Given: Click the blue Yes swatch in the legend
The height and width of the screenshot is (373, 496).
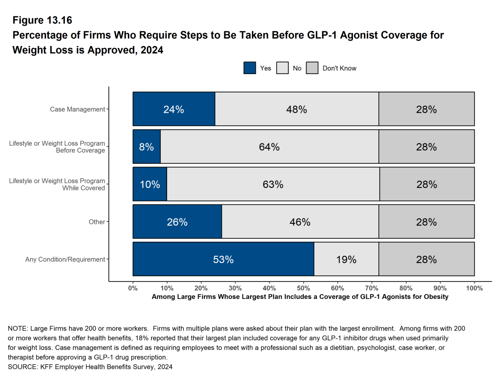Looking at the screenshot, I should tap(250, 68).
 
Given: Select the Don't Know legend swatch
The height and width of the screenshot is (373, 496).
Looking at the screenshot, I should tap(312, 68).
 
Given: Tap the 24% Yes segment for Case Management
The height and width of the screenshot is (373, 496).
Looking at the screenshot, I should tap(173, 109).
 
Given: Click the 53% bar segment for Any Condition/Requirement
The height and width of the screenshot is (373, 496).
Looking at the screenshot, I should tap(223, 260).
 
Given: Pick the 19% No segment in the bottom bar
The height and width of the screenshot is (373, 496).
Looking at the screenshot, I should tap(346, 260).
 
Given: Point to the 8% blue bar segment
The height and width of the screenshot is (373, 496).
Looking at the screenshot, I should tap(146, 147).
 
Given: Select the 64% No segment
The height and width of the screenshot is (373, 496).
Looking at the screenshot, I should tap(269, 147).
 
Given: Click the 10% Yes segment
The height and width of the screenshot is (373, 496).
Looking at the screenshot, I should tap(150, 185).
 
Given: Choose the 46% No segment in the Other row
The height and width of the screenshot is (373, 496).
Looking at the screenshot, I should tap(300, 222).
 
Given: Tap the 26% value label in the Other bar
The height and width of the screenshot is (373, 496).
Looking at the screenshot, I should tap(177, 222).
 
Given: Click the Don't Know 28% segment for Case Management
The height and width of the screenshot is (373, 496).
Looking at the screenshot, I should tap(426, 109).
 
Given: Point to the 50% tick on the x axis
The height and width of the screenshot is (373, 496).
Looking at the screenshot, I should tap(303, 288).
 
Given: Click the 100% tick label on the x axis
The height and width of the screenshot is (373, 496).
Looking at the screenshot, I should tap(474, 288).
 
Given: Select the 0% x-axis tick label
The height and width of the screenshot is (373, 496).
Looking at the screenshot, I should tap(133, 288).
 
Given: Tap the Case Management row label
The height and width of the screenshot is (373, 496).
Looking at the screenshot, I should tap(77, 109).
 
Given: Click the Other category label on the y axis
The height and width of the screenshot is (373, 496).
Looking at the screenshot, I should tap(97, 222).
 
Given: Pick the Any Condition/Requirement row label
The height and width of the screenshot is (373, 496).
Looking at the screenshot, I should tap(65, 260).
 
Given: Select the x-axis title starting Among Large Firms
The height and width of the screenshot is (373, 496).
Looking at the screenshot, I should tap(300, 296).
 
